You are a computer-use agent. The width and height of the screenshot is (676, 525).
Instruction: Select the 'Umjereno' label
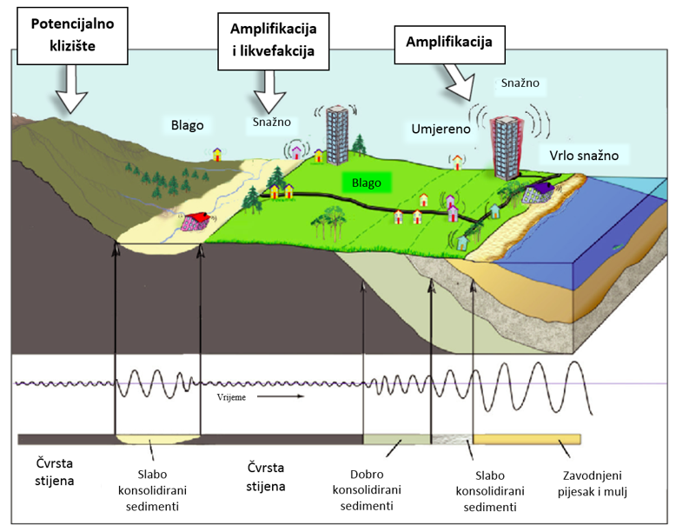(x=441, y=130)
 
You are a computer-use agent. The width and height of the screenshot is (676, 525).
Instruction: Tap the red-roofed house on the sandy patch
(x=196, y=221)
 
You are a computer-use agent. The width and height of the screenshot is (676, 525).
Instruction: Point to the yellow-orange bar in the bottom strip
(x=527, y=439)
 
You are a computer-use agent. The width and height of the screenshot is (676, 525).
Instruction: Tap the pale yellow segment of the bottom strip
(x=157, y=439)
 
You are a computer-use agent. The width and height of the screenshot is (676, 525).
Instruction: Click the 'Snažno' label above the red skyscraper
(x=520, y=83)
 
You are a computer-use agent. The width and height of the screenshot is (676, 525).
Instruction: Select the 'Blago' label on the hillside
(x=188, y=125)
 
